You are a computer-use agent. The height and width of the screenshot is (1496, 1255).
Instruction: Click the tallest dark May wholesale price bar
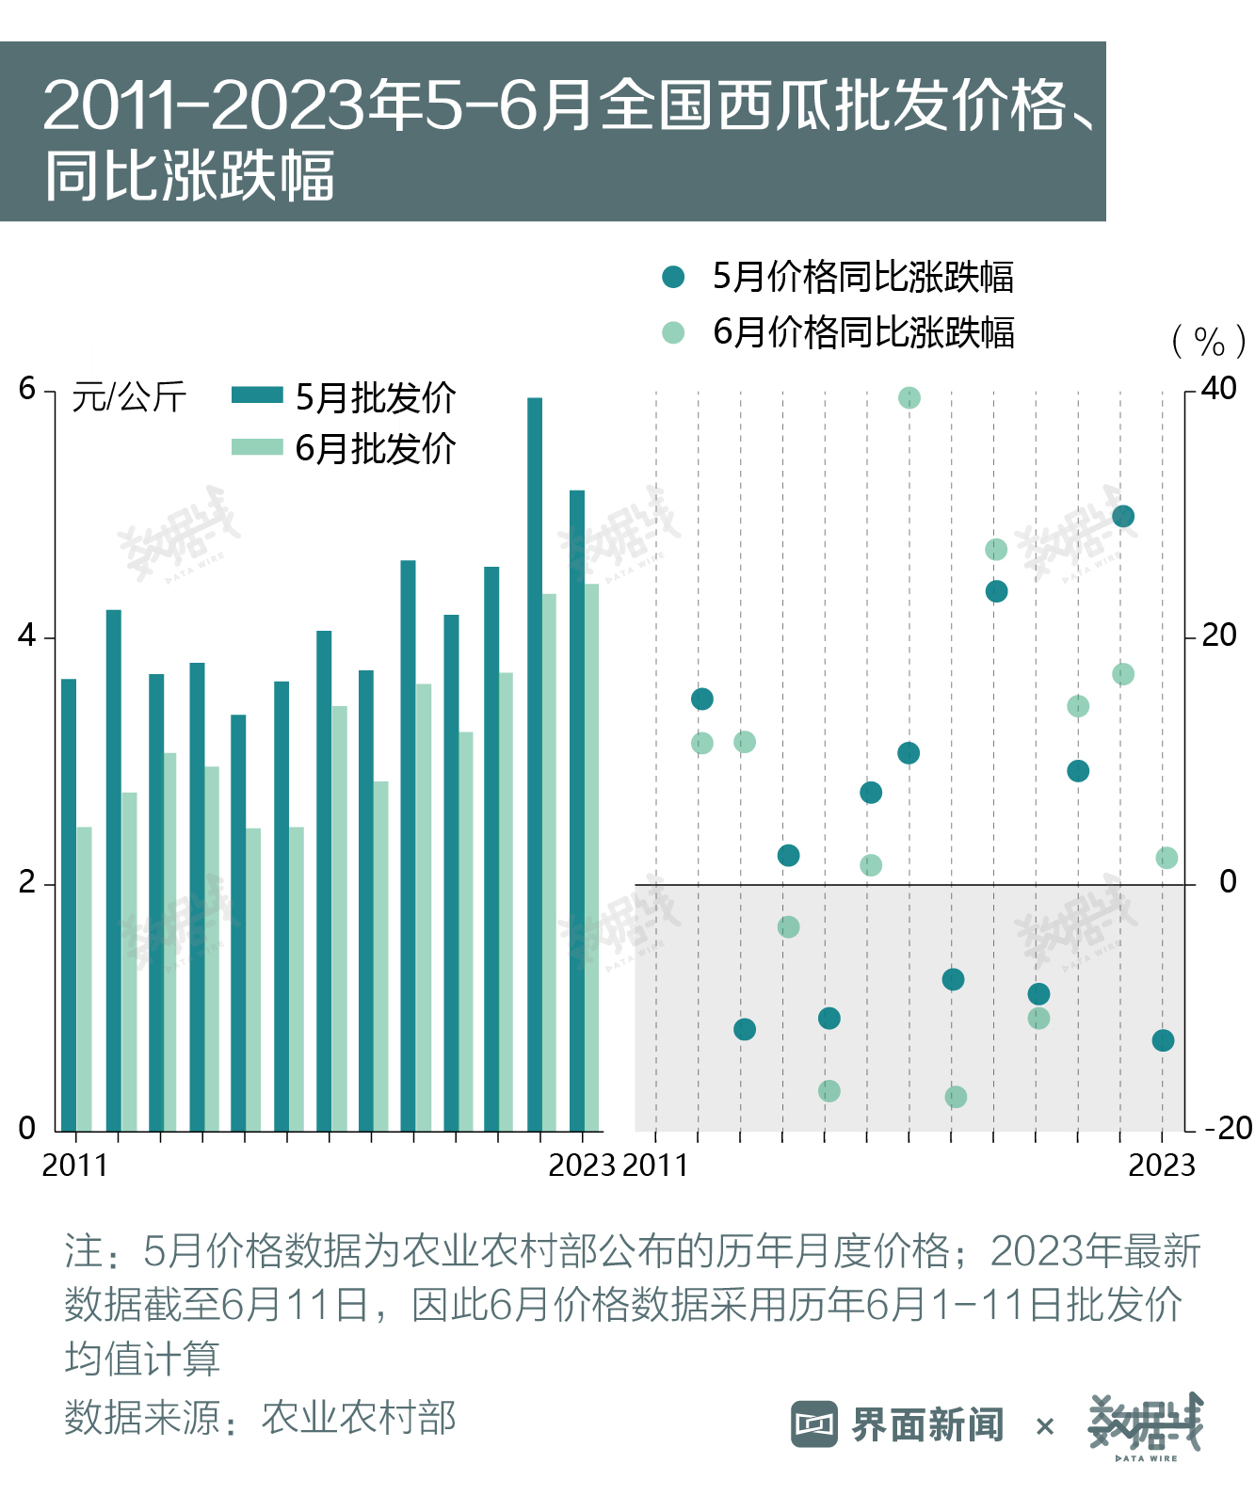coord(534,764)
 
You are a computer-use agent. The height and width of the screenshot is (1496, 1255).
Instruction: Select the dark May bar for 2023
coord(576,811)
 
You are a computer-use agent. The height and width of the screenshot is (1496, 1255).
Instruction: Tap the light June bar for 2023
coord(591,858)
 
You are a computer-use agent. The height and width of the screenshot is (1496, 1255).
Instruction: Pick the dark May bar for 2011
coord(69,905)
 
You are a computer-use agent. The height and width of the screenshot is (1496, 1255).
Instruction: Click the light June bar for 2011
coord(84,979)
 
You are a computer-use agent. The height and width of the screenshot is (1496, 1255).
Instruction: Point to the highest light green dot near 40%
coord(909,397)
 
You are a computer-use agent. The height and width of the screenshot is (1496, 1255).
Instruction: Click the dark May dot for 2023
coord(1163,1040)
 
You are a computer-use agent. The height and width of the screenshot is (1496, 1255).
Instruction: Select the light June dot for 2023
coord(1167,858)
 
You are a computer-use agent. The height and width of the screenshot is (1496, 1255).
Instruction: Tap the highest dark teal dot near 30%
coord(1123,516)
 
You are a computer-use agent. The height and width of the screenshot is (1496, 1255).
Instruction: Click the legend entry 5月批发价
coord(344,397)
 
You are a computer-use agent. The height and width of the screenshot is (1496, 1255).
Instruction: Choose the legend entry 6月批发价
coord(344,448)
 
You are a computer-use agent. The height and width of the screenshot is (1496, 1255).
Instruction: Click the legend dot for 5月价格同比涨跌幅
coord(673,277)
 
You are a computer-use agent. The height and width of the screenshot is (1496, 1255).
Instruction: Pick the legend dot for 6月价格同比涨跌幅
coord(673,332)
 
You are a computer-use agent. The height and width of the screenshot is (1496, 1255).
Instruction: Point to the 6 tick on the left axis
coord(26,389)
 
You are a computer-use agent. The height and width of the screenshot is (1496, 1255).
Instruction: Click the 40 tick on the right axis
coord(1219,389)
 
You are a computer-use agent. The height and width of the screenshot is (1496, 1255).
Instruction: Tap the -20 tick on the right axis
coord(1228,1129)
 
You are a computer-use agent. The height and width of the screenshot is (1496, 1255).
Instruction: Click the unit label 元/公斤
coord(129,396)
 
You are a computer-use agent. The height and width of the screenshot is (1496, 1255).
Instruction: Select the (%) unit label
coord(1209,341)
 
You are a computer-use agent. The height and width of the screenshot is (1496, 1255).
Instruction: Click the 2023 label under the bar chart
coord(581,1166)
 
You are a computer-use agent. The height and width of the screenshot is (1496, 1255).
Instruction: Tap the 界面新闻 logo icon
coord(814,1424)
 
